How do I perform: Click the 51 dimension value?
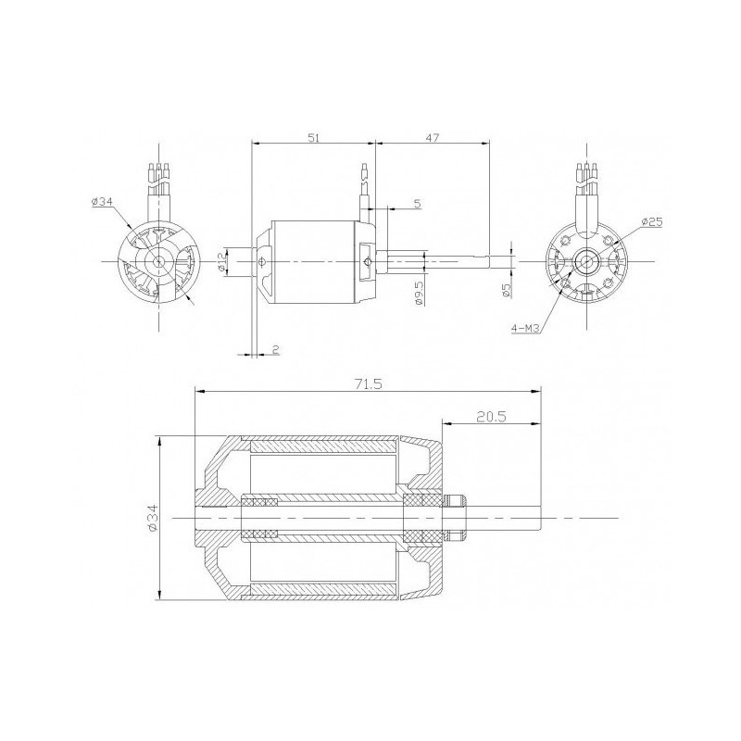point(313,137)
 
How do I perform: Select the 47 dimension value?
point(433,137)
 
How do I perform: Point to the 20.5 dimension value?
point(489,418)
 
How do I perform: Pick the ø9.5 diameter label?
point(419,292)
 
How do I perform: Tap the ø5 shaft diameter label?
point(507,289)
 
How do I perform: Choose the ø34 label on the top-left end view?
point(103,203)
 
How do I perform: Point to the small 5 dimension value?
point(417,202)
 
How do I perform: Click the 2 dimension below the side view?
point(275,349)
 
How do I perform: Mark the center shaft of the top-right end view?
point(585,262)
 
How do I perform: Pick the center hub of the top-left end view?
point(160,262)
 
